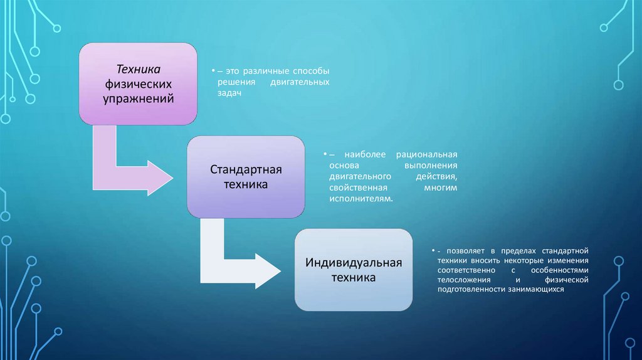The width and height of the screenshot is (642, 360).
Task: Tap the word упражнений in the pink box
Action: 138,98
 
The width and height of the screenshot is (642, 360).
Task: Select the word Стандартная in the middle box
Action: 246,171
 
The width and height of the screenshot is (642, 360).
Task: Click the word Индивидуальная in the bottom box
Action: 354,262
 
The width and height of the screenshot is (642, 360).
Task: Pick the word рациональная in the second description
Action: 427,155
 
